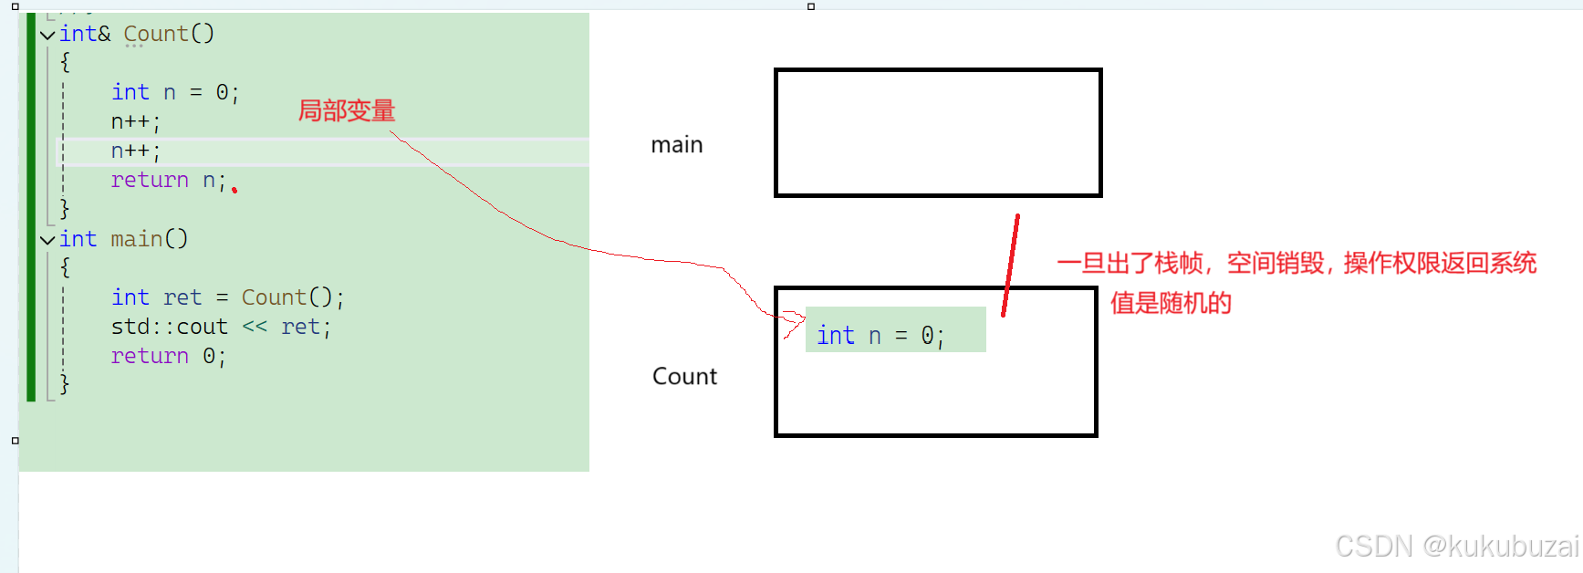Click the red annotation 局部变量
[347, 111]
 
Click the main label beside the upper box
[677, 145]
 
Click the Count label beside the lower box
[684, 376]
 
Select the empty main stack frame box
[938, 133]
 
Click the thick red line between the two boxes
[1010, 265]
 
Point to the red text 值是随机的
[1171, 303]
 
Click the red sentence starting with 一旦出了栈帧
[1297, 264]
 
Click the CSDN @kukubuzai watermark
[1456, 546]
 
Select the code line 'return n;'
[168, 181]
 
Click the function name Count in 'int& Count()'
[155, 34]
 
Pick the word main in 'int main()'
[137, 239]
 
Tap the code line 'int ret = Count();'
[227, 297]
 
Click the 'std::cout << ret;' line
[220, 327]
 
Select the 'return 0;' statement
[168, 356]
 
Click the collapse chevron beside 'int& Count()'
[47, 35]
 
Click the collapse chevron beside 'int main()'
[47, 240]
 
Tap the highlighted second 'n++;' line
[136, 151]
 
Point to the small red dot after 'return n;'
[234, 190]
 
